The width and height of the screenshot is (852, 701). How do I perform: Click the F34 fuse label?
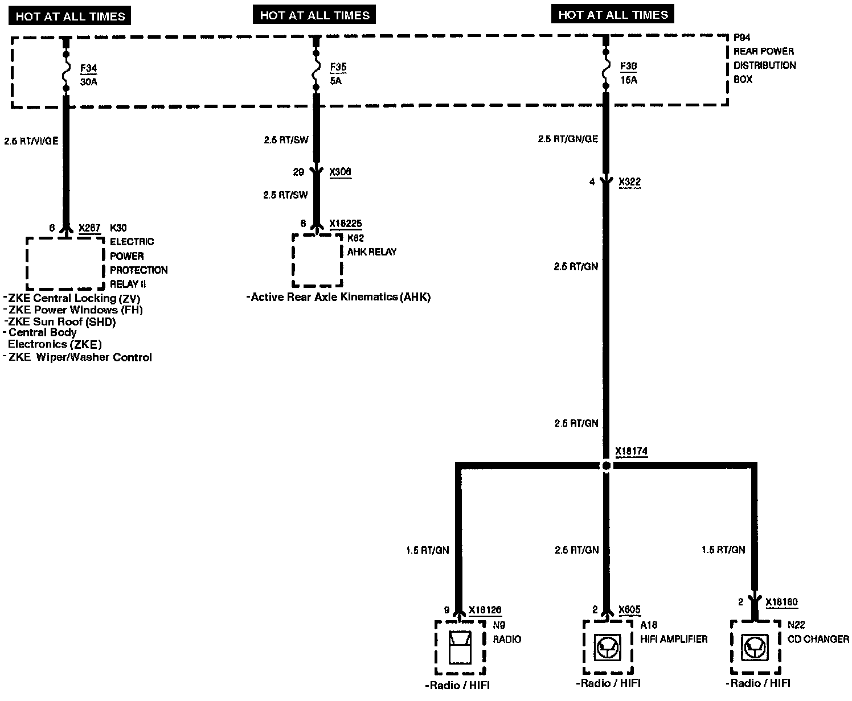tap(88, 68)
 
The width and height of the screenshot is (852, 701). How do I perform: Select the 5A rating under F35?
tap(337, 81)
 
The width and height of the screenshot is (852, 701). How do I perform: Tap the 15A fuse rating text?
tap(628, 80)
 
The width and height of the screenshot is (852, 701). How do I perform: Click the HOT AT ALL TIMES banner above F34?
tap(70, 16)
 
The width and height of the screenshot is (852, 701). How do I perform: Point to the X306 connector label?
tap(340, 172)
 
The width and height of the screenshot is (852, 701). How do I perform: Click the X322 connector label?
tap(629, 182)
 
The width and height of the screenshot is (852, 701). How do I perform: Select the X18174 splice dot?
tap(606, 465)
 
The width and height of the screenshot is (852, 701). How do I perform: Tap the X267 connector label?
tap(89, 228)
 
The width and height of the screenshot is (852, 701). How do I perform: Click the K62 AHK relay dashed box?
tap(317, 260)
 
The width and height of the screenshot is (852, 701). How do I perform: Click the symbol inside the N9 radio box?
tap(460, 648)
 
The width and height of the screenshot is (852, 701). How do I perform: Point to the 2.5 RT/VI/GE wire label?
tap(31, 141)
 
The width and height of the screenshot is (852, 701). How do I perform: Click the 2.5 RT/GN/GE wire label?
tap(568, 139)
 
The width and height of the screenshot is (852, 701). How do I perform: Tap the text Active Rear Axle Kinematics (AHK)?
tap(340, 297)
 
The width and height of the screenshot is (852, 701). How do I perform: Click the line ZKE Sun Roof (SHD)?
tap(62, 321)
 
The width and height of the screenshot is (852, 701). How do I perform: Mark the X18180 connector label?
tap(781, 602)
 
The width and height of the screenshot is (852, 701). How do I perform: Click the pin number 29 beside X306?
tap(298, 172)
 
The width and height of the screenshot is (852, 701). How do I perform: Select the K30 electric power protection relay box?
tap(64, 263)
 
